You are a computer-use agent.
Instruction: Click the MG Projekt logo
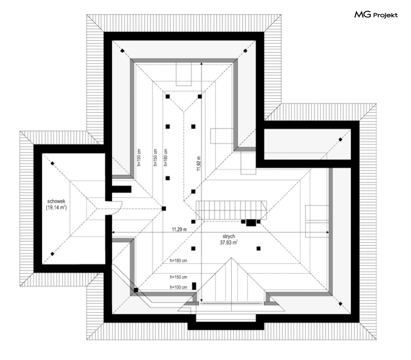[376, 15]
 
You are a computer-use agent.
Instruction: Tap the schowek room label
[56, 201]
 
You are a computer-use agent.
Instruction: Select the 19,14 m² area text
[56, 207]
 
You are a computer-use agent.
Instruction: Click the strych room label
[228, 236]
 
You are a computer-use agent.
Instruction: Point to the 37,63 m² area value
[228, 243]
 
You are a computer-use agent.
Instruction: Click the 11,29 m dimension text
[179, 229]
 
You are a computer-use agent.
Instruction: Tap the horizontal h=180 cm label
[178, 261]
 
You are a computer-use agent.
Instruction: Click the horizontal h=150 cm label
[178, 277]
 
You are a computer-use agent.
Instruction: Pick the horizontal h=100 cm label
[178, 287]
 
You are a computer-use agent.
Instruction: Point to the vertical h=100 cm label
[139, 157]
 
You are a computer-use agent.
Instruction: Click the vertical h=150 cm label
[155, 157]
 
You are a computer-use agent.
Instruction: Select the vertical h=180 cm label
[166, 157]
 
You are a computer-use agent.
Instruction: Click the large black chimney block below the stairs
[251, 223]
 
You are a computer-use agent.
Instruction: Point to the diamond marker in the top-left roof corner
[122, 50]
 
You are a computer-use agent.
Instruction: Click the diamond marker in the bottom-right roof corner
[340, 304]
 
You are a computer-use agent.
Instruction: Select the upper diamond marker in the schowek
[52, 163]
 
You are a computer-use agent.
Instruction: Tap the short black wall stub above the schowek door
[121, 189]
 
